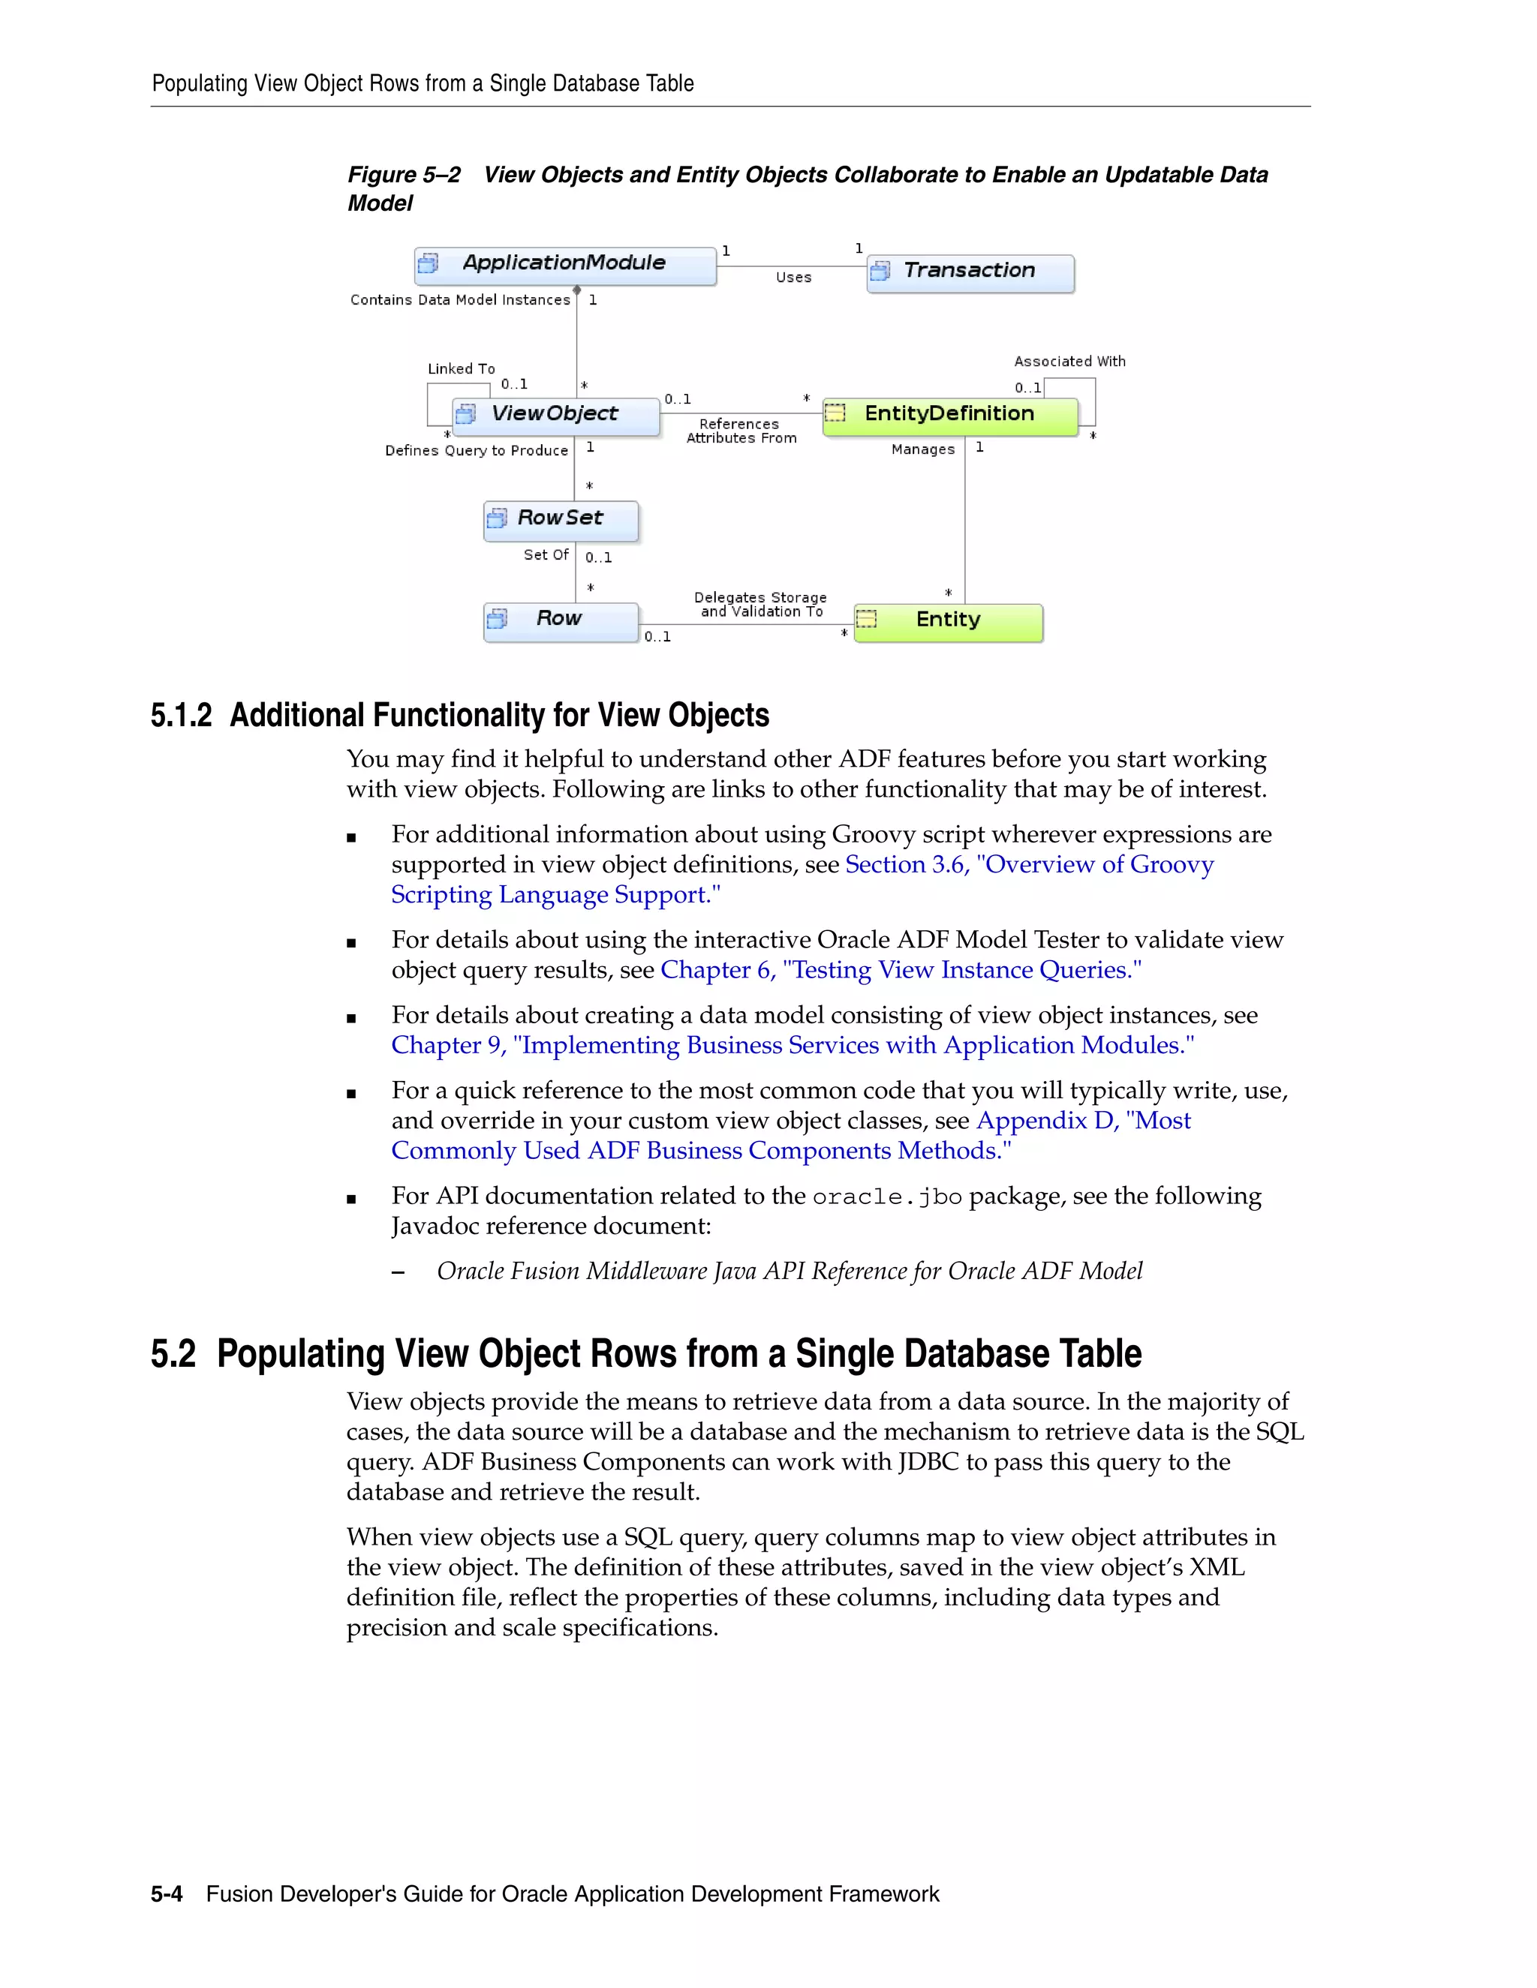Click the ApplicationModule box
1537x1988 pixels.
564,265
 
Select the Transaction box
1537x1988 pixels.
970,272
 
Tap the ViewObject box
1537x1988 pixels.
555,415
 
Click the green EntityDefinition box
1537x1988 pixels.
949,415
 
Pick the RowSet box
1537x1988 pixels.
560,520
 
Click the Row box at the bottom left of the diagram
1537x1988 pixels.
559,621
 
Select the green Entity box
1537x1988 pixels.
948,621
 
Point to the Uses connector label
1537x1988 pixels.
793,278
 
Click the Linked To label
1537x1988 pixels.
461,368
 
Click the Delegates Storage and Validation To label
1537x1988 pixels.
760,605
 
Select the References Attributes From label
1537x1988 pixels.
740,431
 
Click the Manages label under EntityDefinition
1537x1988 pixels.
922,449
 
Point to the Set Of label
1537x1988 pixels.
546,554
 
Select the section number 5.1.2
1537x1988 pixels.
181,716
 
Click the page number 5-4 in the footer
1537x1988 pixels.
167,1894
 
